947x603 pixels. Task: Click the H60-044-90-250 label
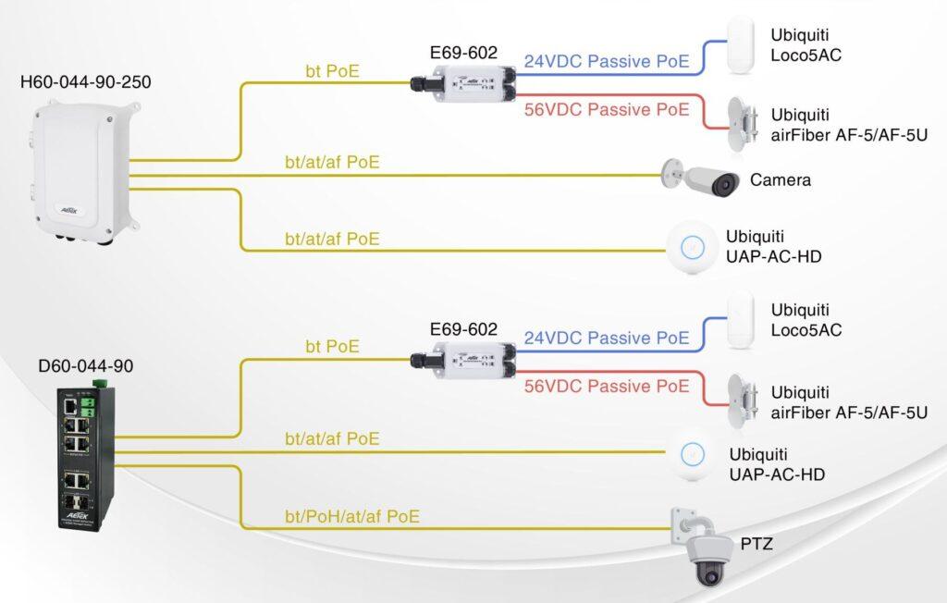point(85,82)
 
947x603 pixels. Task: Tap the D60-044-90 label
point(85,366)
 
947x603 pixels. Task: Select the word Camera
point(780,179)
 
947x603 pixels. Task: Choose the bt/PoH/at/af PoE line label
point(352,516)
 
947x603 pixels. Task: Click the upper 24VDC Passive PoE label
point(607,62)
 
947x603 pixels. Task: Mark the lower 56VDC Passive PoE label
point(607,386)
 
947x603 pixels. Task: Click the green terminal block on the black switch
point(89,403)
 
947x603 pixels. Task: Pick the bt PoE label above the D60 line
point(332,347)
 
